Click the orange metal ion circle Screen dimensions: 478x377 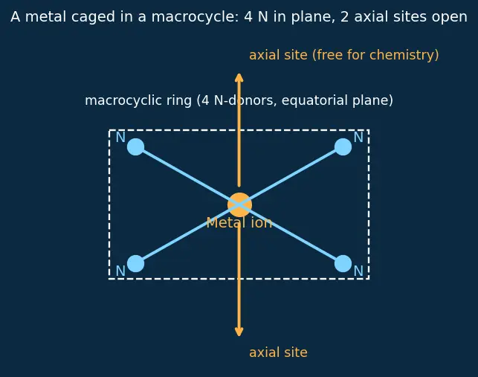point(239,204)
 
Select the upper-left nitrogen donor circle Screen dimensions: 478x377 point(135,146)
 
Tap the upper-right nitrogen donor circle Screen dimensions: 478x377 point(343,146)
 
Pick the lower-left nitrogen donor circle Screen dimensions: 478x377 point(135,263)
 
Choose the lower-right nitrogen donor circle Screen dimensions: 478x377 point(343,263)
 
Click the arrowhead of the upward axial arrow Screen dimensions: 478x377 point(239,77)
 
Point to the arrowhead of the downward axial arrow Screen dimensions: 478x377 point(239,332)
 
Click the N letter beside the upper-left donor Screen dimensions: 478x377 point(120,138)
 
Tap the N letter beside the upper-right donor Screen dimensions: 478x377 point(358,138)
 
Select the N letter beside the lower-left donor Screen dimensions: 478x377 point(120,271)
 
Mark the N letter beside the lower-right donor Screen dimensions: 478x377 point(358,271)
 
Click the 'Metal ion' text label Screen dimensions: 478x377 point(239,222)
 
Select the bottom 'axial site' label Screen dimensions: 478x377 point(278,352)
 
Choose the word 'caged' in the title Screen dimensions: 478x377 point(93,18)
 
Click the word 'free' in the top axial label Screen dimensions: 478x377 point(328,55)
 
